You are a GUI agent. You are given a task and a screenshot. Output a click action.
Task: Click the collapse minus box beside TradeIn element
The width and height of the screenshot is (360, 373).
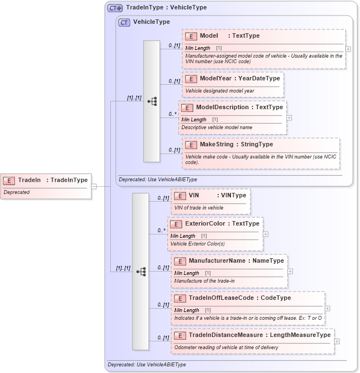tap(94, 186)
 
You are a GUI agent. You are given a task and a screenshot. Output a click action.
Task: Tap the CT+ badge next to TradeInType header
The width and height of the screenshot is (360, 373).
tap(115, 8)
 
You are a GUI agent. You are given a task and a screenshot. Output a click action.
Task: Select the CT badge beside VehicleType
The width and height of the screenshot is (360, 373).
tap(124, 22)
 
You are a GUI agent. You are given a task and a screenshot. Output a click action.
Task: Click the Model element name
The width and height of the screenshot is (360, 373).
tap(208, 36)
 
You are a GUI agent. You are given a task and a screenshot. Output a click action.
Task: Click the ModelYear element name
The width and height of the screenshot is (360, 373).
tap(216, 79)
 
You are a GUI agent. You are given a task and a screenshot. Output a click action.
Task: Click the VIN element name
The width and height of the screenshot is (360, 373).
tap(194, 195)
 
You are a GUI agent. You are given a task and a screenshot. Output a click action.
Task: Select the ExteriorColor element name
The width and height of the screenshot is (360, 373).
tap(205, 224)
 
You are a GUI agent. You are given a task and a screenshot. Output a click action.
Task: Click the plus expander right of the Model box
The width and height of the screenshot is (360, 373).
tap(348, 49)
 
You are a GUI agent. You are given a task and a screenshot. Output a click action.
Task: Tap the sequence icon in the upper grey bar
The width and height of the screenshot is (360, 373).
tap(152, 101)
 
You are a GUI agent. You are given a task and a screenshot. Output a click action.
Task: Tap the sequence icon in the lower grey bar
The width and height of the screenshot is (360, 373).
tap(141, 272)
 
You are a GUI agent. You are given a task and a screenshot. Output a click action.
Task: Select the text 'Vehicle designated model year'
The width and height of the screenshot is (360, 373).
tap(219, 90)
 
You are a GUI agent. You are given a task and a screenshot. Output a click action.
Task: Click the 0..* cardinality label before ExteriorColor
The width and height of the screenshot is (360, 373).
tap(161, 231)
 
